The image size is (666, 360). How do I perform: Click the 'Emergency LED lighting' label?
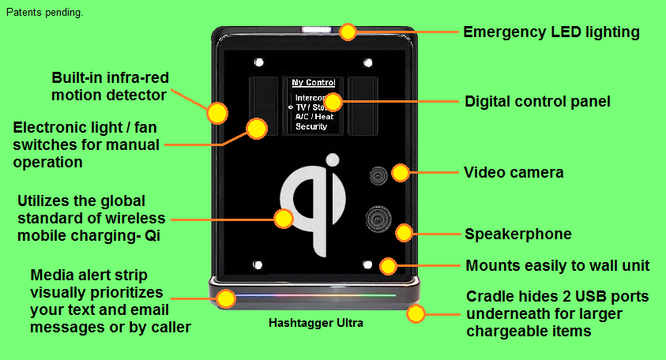click(x=551, y=32)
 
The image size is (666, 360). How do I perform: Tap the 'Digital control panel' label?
click(x=537, y=102)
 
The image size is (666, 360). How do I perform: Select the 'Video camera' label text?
click(x=513, y=172)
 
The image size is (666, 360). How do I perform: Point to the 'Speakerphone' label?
click(x=517, y=234)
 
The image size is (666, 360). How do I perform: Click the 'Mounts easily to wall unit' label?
click(x=557, y=265)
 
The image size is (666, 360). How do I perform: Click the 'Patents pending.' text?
click(x=44, y=13)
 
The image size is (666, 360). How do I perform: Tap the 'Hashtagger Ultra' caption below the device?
click(x=315, y=323)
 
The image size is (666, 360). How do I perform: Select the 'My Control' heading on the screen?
click(x=313, y=83)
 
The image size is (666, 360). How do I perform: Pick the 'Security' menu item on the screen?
click(x=311, y=126)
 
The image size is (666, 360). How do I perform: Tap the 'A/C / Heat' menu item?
click(x=314, y=116)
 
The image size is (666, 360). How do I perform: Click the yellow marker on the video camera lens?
click(x=401, y=172)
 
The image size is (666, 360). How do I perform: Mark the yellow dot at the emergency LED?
click(x=348, y=32)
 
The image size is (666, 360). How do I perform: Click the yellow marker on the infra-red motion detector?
click(x=216, y=113)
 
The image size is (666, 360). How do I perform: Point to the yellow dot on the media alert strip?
click(x=226, y=298)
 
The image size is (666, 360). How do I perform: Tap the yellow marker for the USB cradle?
click(x=416, y=314)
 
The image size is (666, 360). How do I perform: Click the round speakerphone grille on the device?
click(x=378, y=219)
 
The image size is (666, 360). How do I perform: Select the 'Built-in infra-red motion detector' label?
click(x=110, y=87)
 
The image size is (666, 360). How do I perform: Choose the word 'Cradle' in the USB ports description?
click(x=488, y=297)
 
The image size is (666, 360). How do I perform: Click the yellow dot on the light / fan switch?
click(x=256, y=128)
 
